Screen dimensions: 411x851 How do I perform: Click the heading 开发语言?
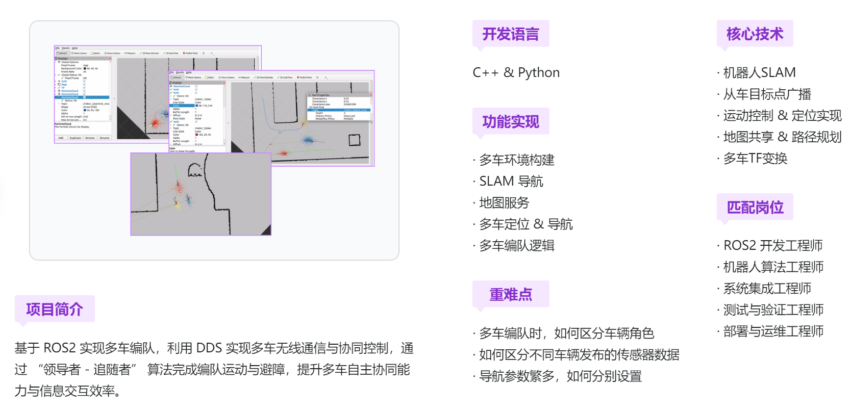510,34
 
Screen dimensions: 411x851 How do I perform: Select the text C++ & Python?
516,72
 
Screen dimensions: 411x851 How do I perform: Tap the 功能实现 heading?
510,121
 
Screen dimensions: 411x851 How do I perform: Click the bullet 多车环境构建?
516,160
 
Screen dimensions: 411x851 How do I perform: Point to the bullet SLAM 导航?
511,182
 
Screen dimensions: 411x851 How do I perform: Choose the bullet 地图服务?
504,203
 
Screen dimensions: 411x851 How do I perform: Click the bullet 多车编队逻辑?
516,246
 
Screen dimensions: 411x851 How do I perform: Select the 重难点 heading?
510,294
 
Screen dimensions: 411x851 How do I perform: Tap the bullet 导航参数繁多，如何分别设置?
560,376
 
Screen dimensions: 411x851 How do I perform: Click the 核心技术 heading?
755,34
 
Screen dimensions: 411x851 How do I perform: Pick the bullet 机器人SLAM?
759,72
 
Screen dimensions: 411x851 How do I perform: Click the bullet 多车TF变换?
755,159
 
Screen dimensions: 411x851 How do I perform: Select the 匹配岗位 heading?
755,207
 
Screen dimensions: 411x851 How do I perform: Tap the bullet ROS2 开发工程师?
773,246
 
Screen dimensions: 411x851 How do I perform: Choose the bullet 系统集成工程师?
767,289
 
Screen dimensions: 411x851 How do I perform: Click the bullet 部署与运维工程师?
773,331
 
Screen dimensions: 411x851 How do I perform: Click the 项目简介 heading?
54,309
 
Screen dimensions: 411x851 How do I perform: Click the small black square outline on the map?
354,140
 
